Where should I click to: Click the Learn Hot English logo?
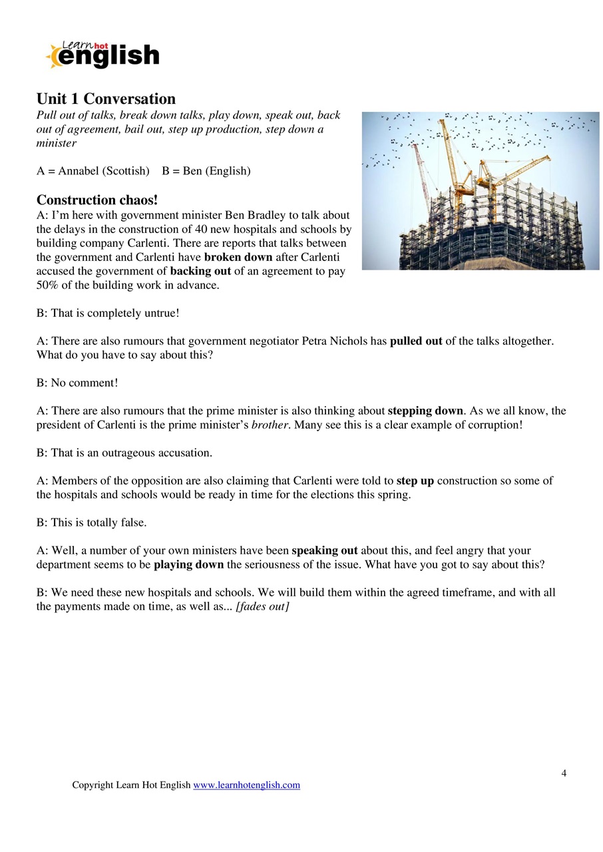point(103,55)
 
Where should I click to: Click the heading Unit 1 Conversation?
point(106,99)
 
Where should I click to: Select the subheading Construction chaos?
point(97,200)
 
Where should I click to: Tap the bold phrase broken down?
point(238,257)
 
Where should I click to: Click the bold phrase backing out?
point(200,271)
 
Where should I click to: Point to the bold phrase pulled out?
point(416,341)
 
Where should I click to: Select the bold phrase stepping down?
point(425,411)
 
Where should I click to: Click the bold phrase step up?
point(415,481)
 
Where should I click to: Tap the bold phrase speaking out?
point(324,550)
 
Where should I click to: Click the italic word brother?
point(270,425)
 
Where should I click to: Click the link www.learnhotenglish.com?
point(246,785)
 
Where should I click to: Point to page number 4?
point(564,773)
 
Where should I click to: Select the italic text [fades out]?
point(262,606)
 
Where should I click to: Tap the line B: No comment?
point(77,383)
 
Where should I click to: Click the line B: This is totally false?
point(91,523)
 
